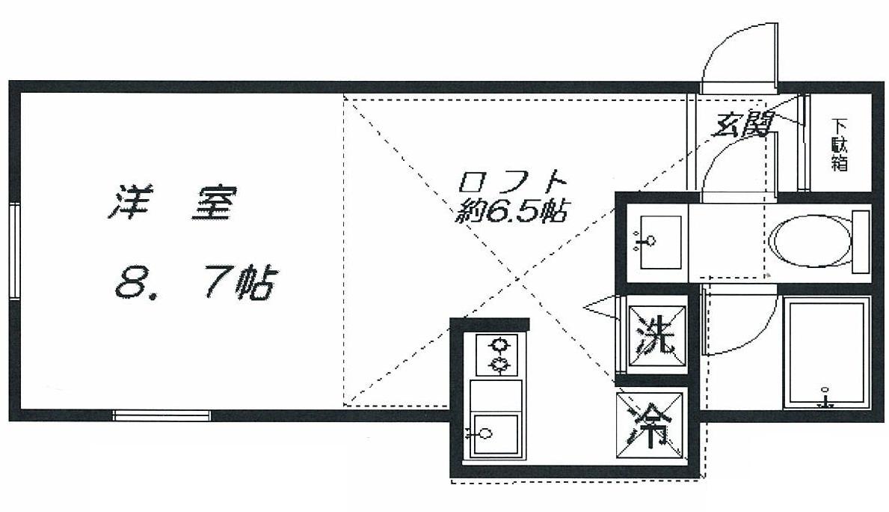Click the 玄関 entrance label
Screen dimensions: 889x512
click(x=741, y=124)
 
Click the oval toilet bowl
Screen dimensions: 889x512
click(x=809, y=242)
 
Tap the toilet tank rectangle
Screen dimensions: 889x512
click(x=861, y=241)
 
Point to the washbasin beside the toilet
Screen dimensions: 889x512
click(x=658, y=241)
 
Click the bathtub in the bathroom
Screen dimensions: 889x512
click(x=826, y=352)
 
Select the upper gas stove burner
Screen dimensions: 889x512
click(x=498, y=345)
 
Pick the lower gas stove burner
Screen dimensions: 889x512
click(x=498, y=365)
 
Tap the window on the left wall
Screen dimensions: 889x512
click(x=14, y=252)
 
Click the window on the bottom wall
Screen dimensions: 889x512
click(x=162, y=415)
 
